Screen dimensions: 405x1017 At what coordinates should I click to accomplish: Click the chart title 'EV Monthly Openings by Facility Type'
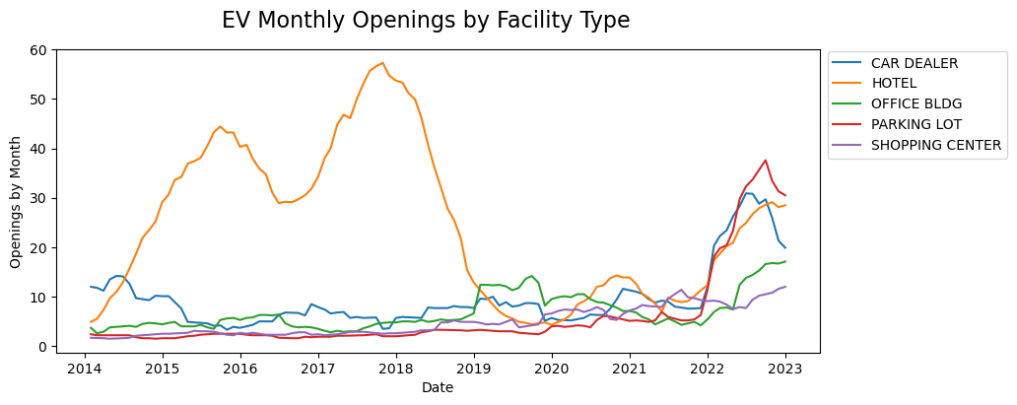(x=425, y=21)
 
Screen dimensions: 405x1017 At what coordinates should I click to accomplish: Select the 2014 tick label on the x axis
(x=85, y=369)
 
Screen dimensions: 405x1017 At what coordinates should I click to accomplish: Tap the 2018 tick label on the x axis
(x=396, y=369)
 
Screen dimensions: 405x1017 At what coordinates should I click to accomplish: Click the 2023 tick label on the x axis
(x=785, y=369)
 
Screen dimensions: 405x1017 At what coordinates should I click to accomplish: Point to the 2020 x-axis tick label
(x=552, y=369)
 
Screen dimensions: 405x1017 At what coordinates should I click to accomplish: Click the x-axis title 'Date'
(x=438, y=388)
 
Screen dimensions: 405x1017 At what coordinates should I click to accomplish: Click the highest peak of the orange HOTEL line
(x=383, y=63)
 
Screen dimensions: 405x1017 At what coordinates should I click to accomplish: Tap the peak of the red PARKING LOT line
(x=766, y=160)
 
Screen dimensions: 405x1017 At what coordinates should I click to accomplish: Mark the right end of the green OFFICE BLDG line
(x=785, y=262)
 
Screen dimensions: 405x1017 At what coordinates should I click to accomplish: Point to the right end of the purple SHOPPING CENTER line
(x=785, y=287)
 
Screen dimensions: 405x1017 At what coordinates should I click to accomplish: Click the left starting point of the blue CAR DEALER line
(x=91, y=287)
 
